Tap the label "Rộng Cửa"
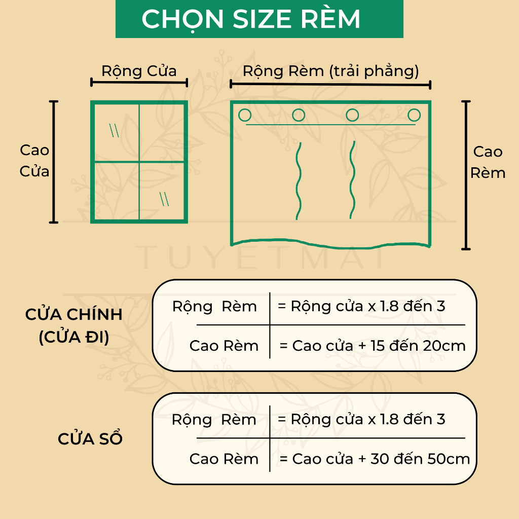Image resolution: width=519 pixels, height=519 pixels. tap(139, 70)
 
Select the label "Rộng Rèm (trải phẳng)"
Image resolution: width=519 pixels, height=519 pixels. tap(330, 71)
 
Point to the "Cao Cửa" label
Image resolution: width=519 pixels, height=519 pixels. tap(34, 161)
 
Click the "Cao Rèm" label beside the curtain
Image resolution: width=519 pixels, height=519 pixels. tap(488, 162)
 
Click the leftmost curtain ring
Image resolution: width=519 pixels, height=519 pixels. tap(245, 116)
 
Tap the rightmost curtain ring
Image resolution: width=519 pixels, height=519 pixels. tap(415, 115)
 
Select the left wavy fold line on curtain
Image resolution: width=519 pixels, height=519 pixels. tap(299, 181)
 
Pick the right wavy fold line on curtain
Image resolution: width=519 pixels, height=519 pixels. tap(352, 180)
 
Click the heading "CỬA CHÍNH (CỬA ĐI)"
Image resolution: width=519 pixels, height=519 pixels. tap(74, 325)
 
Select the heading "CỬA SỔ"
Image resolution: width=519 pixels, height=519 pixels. tap(90, 439)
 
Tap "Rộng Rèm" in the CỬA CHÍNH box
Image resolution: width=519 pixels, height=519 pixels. tap(214, 307)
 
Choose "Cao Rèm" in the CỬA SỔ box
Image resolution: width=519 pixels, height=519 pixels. tap(224, 459)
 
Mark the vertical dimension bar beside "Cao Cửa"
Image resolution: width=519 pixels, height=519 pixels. tap(53, 162)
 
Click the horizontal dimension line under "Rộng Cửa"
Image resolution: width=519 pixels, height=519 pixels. tap(139, 83)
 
